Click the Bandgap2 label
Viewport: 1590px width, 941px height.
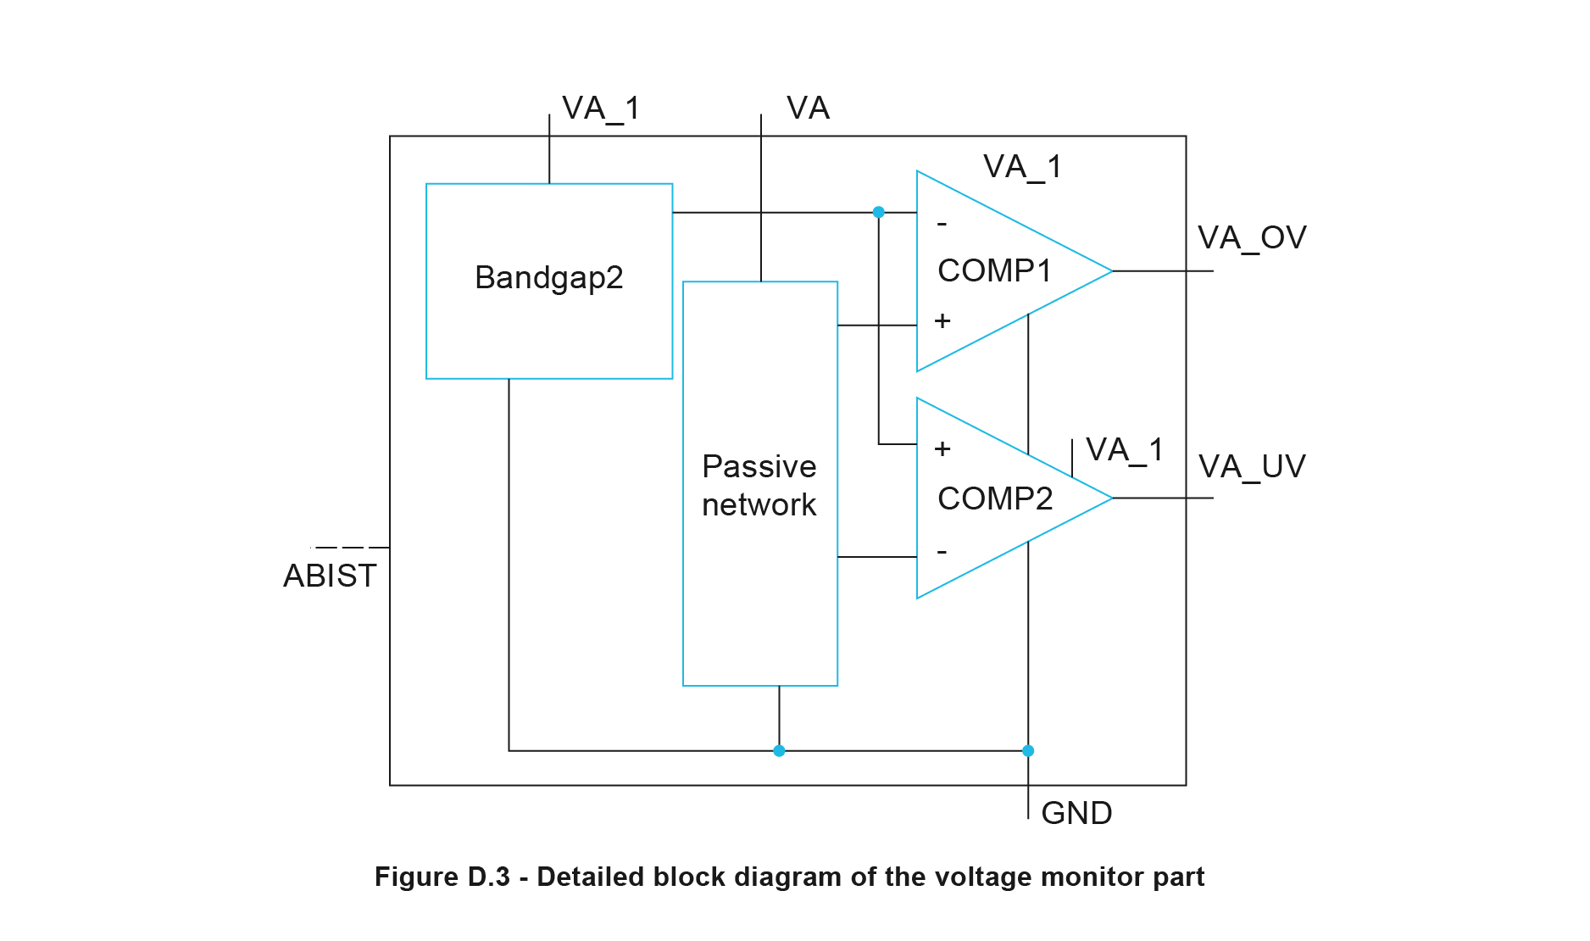click(x=548, y=278)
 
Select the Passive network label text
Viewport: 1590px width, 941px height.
click(x=759, y=485)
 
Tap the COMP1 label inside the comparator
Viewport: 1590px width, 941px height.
click(x=994, y=271)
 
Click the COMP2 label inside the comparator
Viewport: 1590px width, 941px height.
click(x=995, y=498)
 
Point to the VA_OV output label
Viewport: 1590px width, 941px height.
click(x=1252, y=238)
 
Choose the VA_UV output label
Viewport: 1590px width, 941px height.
click(x=1252, y=467)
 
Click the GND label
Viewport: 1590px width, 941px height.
click(x=1076, y=814)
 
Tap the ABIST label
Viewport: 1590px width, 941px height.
click(x=330, y=576)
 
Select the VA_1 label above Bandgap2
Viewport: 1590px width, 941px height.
click(x=601, y=109)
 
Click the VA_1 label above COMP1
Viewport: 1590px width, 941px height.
click(x=1022, y=167)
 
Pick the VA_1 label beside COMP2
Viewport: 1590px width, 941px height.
click(x=1125, y=450)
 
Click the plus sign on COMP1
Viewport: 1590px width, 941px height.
click(x=942, y=321)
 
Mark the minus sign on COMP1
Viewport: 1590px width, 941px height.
click(x=942, y=225)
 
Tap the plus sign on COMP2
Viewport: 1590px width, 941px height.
click(x=942, y=449)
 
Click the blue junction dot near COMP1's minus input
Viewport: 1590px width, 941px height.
click(x=879, y=212)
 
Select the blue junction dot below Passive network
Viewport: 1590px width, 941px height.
click(x=779, y=751)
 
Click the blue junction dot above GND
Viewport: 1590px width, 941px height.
click(x=1028, y=751)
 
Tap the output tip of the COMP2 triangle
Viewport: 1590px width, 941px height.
click(x=1111, y=498)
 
